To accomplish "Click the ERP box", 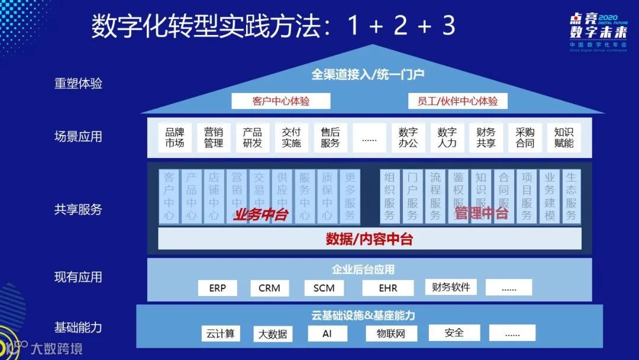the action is point(217,288).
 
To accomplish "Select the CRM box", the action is point(269,288).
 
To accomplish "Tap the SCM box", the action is point(324,288).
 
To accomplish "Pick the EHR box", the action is point(388,288).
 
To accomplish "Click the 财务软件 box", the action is point(451,287).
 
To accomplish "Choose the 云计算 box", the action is point(221,333).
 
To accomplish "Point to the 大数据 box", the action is point(273,334).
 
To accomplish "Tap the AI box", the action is point(327,333).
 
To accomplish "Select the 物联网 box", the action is point(391,333).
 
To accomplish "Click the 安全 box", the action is point(454,333).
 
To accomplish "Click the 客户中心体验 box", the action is point(272,101).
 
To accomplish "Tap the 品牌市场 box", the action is point(175,137).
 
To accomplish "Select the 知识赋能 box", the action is point(564,137).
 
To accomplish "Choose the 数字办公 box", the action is point(408,137).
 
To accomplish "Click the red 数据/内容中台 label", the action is point(369,239).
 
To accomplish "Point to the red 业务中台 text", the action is point(260,214).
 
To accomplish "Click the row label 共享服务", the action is point(78,210).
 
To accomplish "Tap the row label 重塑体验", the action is point(78,83).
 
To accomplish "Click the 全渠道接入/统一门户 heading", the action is point(368,74).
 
